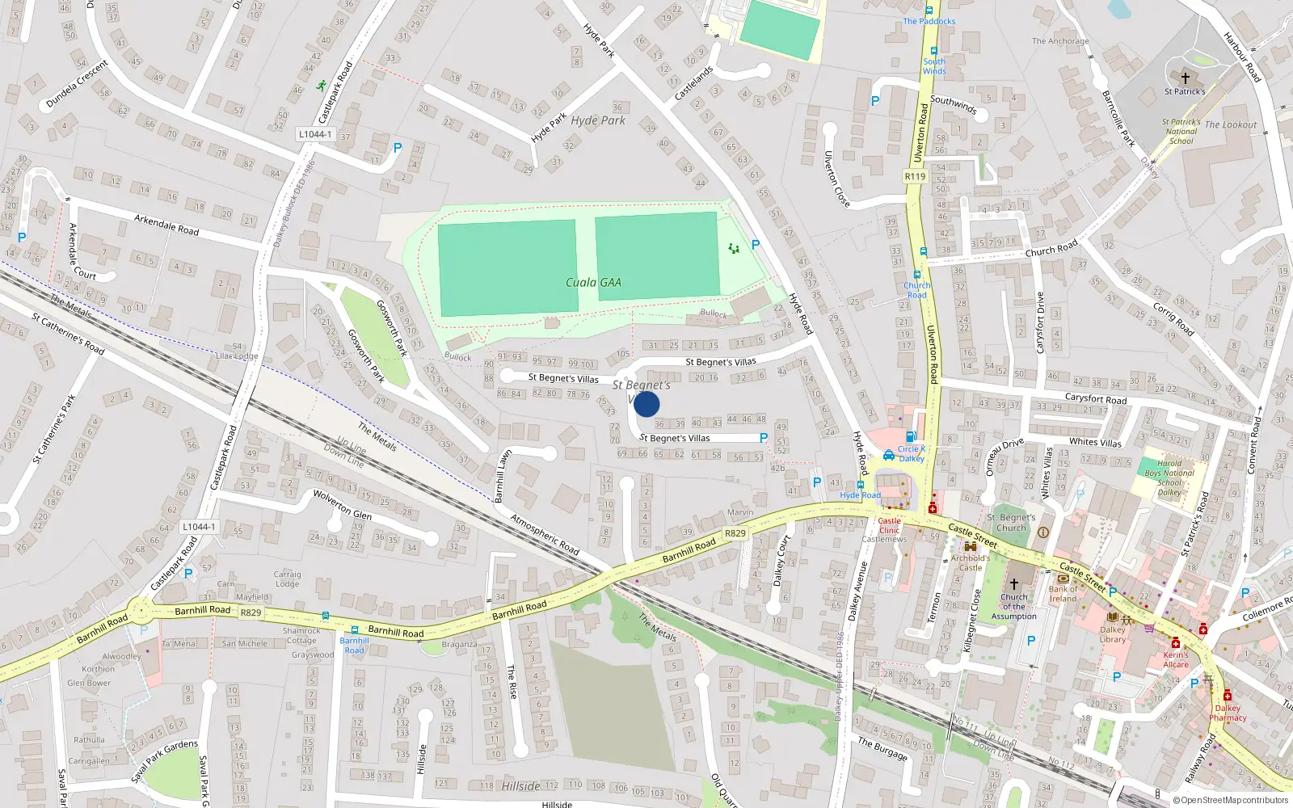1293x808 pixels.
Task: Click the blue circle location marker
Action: coord(646,404)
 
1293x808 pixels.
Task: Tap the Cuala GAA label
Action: coord(593,282)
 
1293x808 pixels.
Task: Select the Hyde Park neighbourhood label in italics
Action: coord(598,120)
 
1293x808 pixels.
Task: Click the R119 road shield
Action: coord(915,176)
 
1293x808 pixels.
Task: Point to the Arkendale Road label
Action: coord(166,225)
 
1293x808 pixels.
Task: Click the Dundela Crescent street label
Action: coord(77,84)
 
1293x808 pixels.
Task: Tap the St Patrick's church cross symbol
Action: coord(1186,78)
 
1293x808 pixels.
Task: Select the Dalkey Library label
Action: coord(1113,634)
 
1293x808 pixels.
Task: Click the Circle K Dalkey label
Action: coord(912,453)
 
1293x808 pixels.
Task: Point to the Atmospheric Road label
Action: coord(545,535)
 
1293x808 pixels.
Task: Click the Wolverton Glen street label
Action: coord(343,504)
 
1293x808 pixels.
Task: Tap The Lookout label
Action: coord(1231,124)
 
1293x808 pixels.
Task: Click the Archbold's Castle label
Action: coord(971,562)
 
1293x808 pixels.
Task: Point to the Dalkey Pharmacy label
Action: coord(1228,713)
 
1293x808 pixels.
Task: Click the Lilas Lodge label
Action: coord(237,356)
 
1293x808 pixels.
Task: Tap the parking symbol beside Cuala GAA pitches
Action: coord(756,244)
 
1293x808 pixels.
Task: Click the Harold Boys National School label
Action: coord(1169,478)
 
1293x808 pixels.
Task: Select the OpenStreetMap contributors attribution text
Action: coord(1230,800)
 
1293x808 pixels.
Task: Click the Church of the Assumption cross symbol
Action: coord(1014,583)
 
